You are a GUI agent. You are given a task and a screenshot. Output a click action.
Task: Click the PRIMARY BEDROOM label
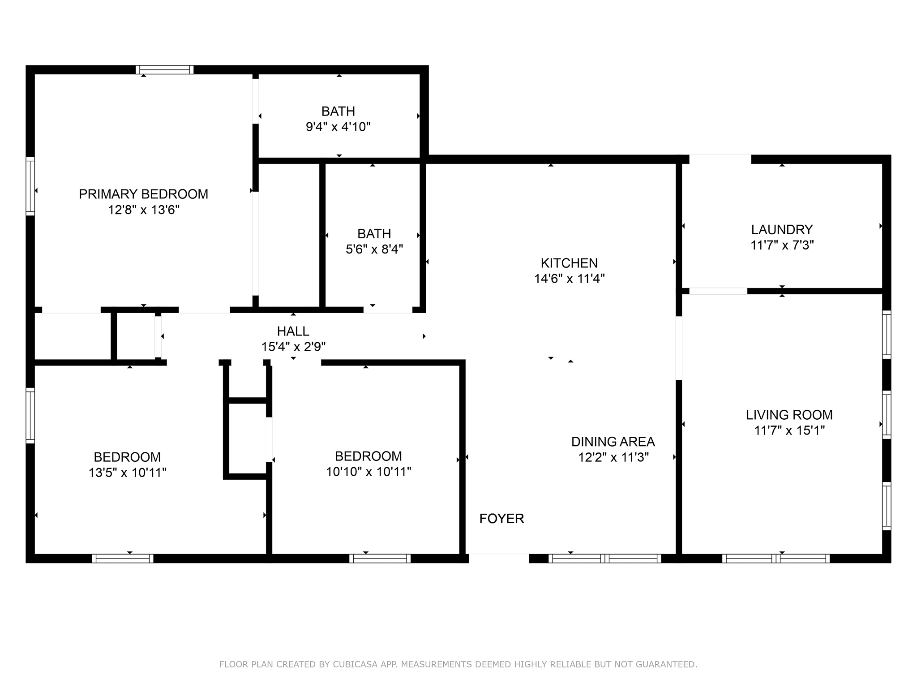(x=143, y=194)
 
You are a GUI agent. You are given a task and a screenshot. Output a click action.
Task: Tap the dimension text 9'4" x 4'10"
(x=338, y=127)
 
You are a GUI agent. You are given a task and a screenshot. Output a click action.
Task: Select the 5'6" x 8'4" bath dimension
(x=374, y=249)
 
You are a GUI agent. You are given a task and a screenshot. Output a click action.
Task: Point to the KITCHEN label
(x=569, y=263)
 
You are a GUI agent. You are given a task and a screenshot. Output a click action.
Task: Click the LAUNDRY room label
(x=782, y=229)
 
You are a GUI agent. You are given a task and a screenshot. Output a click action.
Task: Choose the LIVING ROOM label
(x=789, y=415)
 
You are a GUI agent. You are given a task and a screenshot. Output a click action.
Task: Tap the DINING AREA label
(x=613, y=442)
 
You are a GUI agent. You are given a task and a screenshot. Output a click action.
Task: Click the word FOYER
(x=501, y=518)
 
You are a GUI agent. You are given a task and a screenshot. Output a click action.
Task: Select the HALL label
(x=293, y=331)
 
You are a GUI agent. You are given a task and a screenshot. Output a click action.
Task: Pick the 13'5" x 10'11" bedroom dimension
(x=128, y=473)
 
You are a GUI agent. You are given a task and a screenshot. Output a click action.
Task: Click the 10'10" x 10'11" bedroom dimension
(x=369, y=472)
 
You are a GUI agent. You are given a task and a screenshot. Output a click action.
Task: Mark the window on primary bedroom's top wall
(x=165, y=70)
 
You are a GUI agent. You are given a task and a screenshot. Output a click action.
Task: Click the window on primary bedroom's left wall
(x=30, y=186)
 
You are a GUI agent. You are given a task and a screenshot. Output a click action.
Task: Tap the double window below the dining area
(x=604, y=559)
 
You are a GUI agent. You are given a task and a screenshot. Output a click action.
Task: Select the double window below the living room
(x=776, y=559)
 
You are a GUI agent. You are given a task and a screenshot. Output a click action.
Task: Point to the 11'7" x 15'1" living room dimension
(x=789, y=430)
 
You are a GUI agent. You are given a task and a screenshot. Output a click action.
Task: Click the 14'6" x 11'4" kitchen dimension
(x=569, y=279)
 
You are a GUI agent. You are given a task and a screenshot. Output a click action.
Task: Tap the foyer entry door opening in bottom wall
(x=499, y=558)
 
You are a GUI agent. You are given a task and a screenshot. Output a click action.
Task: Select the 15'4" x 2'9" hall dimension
(x=293, y=347)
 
